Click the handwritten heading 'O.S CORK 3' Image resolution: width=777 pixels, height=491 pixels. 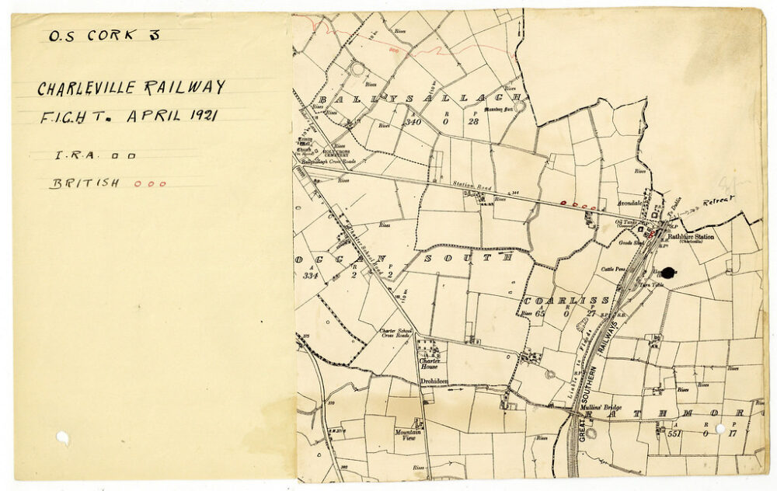point(103,35)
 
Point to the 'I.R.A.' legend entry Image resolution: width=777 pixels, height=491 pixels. point(75,155)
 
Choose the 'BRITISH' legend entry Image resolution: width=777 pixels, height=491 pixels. point(85,184)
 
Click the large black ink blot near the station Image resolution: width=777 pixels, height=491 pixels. point(668,272)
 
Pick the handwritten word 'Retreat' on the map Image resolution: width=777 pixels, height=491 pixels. point(719,203)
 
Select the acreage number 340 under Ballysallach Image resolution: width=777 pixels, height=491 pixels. point(412,122)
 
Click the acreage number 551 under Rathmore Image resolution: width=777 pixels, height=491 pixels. point(674,434)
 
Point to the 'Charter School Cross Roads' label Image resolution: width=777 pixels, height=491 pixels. point(394,334)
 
